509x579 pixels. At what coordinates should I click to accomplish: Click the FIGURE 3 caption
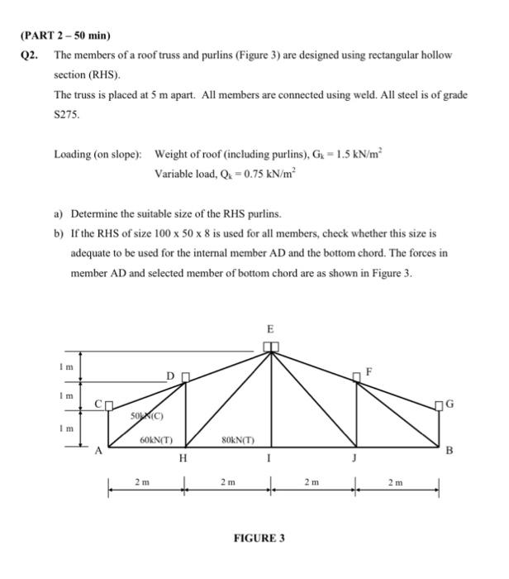(x=260, y=538)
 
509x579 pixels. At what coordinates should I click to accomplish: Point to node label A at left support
(x=98, y=452)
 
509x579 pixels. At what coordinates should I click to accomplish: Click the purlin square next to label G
(x=439, y=404)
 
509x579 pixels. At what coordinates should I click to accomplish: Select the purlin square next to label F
(x=357, y=376)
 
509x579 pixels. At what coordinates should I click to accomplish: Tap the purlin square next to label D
(x=186, y=377)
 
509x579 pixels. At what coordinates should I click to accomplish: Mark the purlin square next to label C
(x=108, y=404)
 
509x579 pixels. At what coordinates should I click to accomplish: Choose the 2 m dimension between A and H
(x=142, y=481)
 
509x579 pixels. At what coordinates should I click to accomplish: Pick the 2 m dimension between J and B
(x=397, y=481)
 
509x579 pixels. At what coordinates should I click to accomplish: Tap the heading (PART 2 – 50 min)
(x=64, y=36)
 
